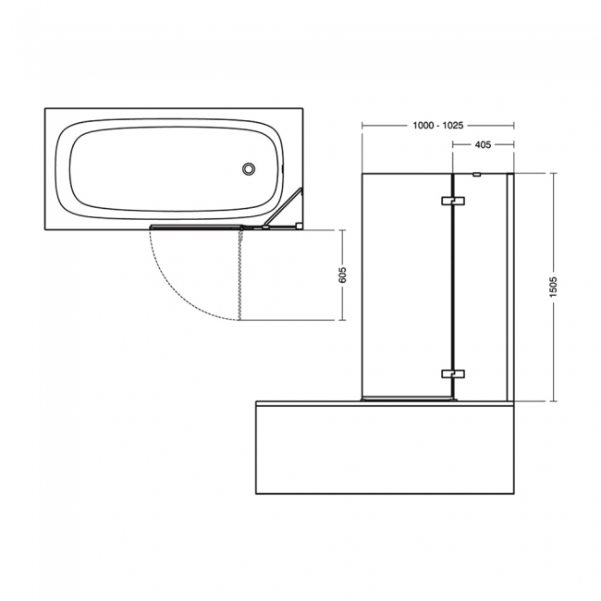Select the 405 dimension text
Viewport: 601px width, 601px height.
click(x=481, y=145)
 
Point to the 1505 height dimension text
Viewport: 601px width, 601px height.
click(x=552, y=286)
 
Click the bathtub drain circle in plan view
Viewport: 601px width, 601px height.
click(x=248, y=168)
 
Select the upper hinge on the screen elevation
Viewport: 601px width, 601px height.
click(x=452, y=202)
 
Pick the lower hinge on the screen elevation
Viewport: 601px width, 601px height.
click(x=452, y=374)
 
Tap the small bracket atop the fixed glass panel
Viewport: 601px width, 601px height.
click(x=475, y=174)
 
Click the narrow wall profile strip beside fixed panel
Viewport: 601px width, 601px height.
click(x=509, y=287)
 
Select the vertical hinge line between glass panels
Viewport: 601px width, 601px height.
click(x=452, y=287)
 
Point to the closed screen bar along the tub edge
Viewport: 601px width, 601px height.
click(x=199, y=226)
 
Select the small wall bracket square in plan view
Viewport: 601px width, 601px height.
click(x=298, y=224)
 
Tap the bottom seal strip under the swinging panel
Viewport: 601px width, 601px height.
click(x=407, y=400)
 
